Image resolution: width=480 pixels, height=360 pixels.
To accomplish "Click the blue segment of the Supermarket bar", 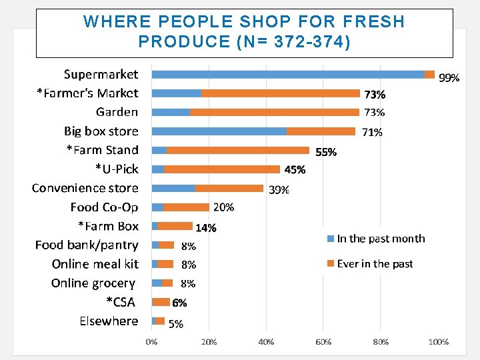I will pos(288,75).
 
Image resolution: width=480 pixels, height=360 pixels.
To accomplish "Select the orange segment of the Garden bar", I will pos(274,112).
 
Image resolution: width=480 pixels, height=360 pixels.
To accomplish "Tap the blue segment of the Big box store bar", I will pos(219,131).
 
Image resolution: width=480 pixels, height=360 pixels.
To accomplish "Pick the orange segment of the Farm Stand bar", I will pos(238,150).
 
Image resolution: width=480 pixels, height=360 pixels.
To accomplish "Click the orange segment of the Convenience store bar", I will pos(229,188).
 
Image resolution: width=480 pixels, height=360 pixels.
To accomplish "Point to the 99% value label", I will pos(449,78).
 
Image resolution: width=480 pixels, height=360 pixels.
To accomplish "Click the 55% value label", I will pos(326,152).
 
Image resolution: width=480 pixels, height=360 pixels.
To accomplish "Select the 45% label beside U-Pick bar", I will pos(295,170).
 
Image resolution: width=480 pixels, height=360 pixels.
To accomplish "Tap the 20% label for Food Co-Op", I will pos(223,207).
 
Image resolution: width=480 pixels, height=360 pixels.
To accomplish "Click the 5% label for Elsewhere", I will pos(176,325).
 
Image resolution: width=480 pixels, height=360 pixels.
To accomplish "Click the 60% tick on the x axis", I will pos(323,342).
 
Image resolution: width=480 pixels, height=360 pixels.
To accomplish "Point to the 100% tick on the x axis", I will pos(438,342).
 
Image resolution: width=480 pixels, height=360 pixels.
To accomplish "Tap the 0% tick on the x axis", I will pos(152,342).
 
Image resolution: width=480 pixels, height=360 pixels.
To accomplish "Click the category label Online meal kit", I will pos(95,264).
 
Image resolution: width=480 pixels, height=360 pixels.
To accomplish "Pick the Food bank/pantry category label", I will pos(87,245).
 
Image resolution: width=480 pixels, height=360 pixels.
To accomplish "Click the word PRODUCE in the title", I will pos(184,41).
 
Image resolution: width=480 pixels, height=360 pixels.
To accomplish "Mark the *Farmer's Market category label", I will pos(87,93).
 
